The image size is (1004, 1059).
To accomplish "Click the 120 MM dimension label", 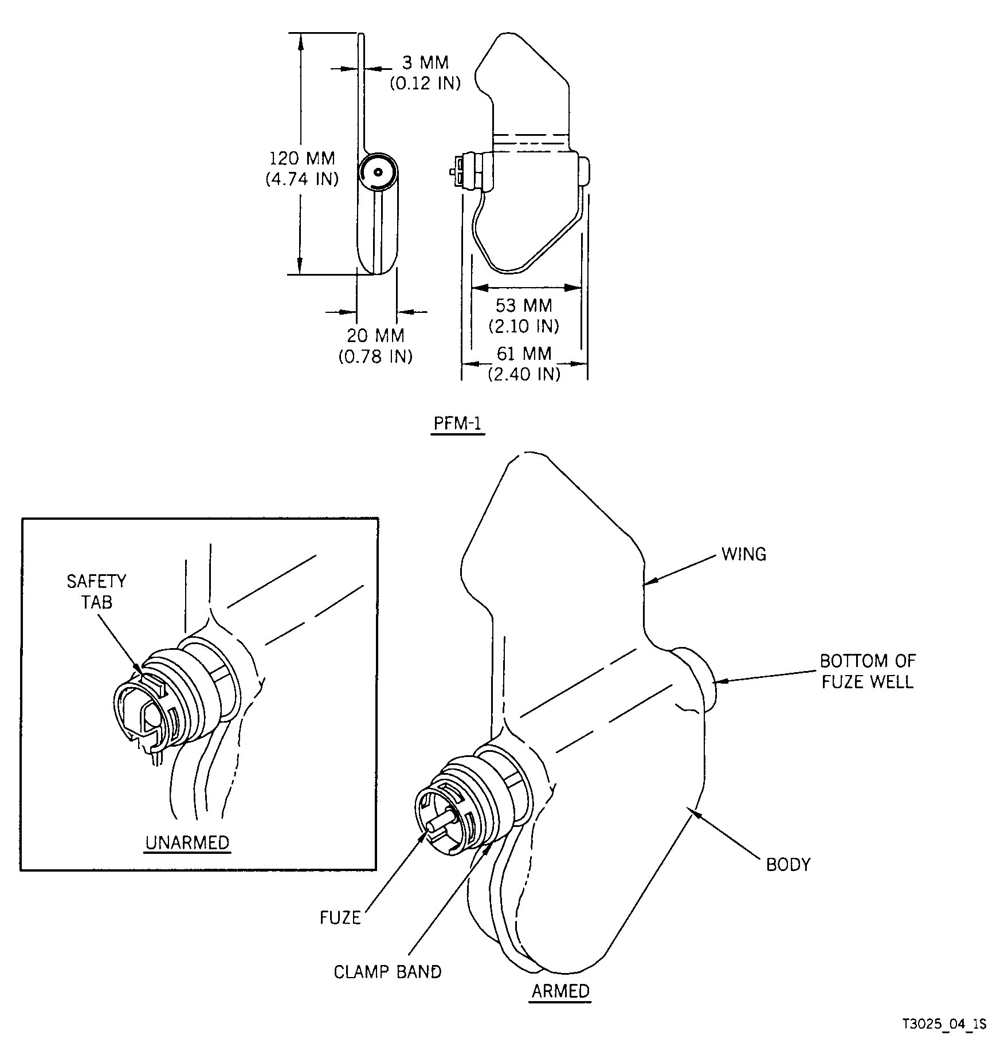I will coord(302,158).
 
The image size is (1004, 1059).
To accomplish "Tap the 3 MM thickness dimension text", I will coord(425,62).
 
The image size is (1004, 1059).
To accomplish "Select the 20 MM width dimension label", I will coord(375,335).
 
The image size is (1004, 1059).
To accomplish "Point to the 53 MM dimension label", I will coord(524,305).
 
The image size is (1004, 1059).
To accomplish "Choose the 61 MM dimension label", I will coord(524,354).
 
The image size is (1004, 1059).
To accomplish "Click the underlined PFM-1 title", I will coord(458,423).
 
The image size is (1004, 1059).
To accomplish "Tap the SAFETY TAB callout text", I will coord(96,591).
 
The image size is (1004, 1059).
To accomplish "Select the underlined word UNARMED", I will coord(187,842).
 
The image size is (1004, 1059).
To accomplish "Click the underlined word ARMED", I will coord(560,991).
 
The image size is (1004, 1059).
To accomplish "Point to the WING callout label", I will coord(743,554).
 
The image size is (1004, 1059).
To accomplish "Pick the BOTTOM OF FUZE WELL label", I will coord(868,671).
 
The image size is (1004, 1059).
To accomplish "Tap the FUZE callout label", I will coord(340,918).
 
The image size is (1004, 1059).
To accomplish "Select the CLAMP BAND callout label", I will coord(388,972).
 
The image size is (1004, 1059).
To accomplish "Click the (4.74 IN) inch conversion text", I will coord(302,179).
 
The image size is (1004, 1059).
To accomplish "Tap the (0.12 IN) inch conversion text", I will coord(425,84).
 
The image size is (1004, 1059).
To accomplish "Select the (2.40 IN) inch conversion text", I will coord(524,374).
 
